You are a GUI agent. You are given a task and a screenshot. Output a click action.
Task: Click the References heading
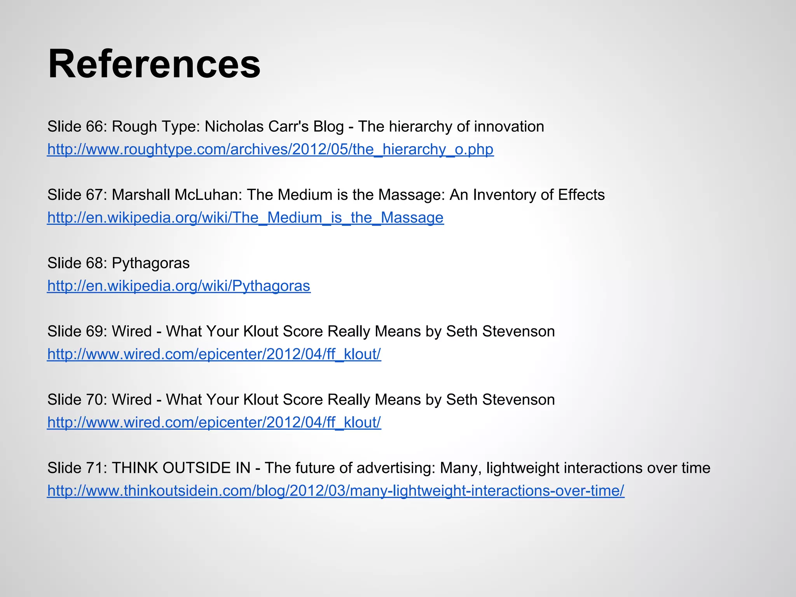click(154, 64)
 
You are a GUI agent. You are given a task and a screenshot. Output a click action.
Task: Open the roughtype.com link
click(270, 149)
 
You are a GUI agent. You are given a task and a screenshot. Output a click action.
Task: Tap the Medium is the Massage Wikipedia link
click(245, 218)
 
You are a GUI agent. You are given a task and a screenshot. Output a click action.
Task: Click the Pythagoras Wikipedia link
click(179, 286)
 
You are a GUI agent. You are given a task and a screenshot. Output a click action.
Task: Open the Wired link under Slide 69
click(214, 354)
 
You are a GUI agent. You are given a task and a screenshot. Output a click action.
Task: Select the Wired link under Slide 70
click(214, 422)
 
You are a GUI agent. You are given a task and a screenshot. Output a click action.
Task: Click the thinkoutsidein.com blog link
click(336, 491)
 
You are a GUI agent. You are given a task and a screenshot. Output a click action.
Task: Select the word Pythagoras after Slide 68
click(151, 264)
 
